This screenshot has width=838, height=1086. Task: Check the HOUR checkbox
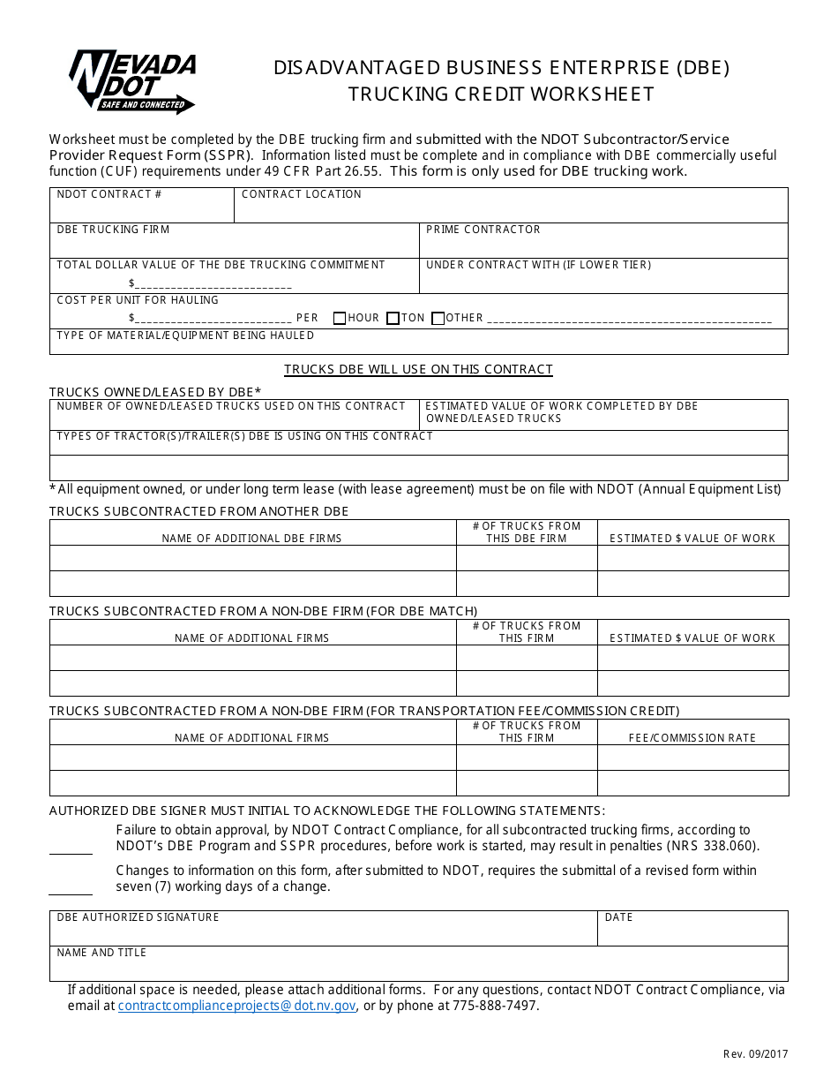(x=340, y=319)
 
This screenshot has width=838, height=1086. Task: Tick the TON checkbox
(x=393, y=319)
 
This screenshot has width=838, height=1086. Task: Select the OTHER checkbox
(x=438, y=319)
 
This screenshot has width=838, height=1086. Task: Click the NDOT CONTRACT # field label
(x=109, y=194)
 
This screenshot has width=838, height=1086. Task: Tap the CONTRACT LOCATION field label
(x=302, y=194)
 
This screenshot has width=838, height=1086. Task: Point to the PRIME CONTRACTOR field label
(x=483, y=230)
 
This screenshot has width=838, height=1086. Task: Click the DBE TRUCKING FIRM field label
(x=113, y=230)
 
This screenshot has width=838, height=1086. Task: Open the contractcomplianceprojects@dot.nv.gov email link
(x=236, y=1006)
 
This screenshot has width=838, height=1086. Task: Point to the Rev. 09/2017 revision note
(x=755, y=1053)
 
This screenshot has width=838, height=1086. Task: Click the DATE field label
(x=619, y=917)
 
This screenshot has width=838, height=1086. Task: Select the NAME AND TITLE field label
(x=101, y=953)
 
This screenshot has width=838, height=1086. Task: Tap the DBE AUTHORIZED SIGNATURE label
(x=138, y=917)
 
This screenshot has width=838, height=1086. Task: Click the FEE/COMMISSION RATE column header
(x=692, y=738)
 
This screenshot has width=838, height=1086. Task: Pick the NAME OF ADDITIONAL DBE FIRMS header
(x=251, y=539)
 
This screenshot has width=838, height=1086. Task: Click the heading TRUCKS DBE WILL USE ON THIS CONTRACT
(x=418, y=369)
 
